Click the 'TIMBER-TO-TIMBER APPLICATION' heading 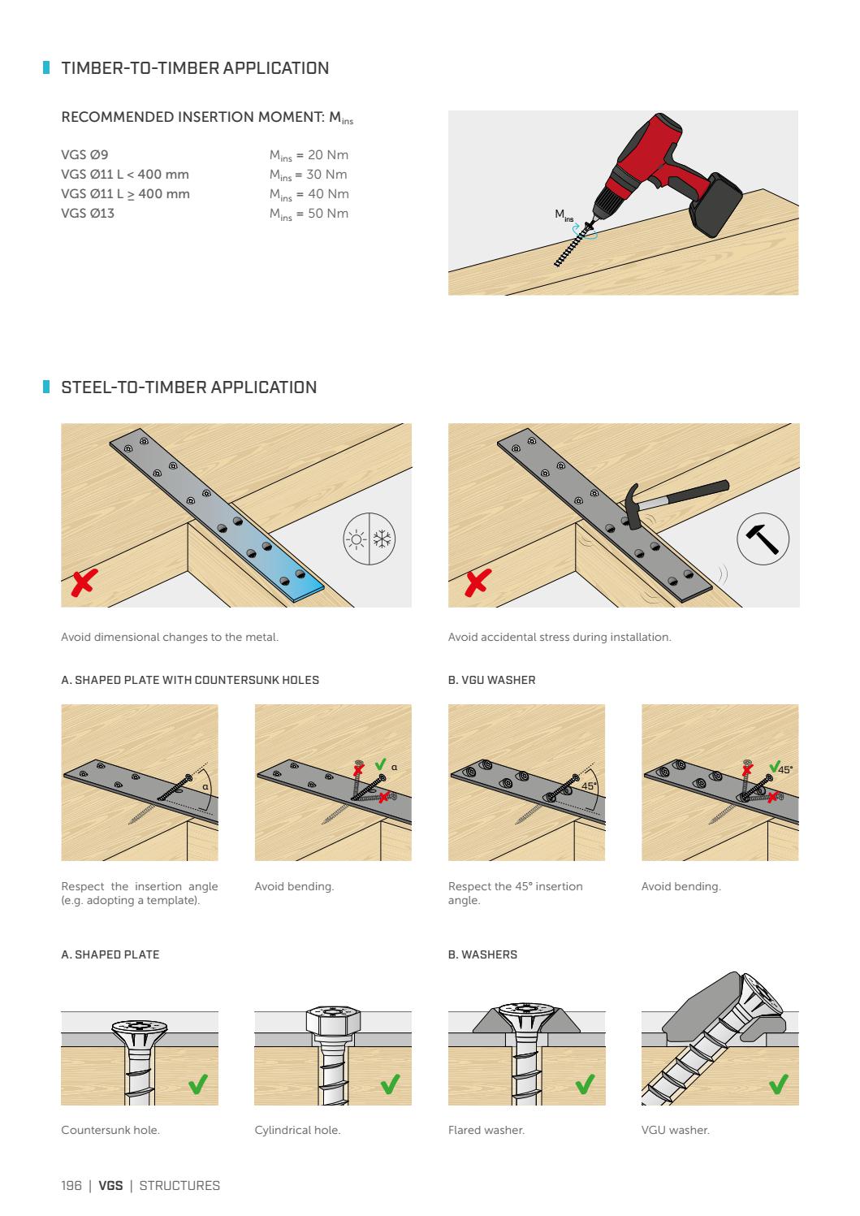195,68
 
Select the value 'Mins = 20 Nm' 309,155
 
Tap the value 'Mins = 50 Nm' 309,214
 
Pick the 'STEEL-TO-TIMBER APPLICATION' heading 189,387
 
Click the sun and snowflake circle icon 369,539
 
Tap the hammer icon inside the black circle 763,539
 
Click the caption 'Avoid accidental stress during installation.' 560,637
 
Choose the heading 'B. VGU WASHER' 491,680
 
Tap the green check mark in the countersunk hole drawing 197,1083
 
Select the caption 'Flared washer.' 486,1130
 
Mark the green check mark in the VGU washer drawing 779,1083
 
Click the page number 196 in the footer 71,1186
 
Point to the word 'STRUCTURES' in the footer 179,1186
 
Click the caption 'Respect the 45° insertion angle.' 515,893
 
